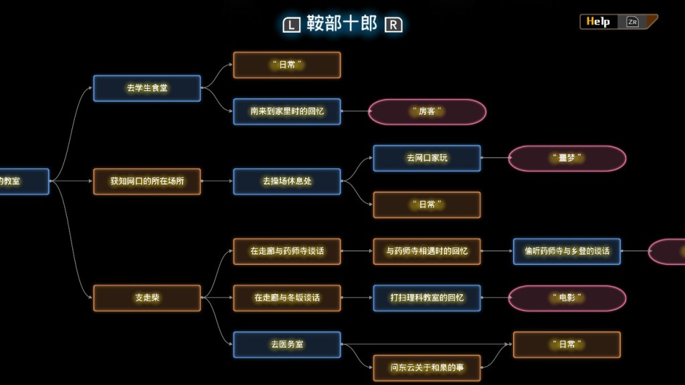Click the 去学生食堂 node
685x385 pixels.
coord(146,88)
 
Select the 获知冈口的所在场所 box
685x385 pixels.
coord(146,181)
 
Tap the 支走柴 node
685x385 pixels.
coord(146,298)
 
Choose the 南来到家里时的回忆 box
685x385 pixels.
coord(286,112)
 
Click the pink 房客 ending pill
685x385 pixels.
coord(427,112)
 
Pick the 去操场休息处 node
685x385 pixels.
coord(286,181)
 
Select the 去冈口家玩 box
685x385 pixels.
coord(427,158)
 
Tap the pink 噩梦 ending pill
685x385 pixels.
coord(567,158)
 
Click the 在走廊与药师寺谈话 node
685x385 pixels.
coord(286,251)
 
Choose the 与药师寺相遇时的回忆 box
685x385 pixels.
coord(427,251)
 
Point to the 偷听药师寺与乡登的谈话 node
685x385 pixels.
coord(567,251)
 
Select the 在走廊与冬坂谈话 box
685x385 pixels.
coord(286,298)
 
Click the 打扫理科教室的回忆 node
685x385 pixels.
coord(427,298)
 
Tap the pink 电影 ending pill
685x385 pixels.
coord(567,298)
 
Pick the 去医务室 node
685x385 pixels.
coord(286,344)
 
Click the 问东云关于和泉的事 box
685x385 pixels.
coord(427,368)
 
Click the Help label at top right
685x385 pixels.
coord(598,21)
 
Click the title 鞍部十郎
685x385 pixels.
coord(342,24)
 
